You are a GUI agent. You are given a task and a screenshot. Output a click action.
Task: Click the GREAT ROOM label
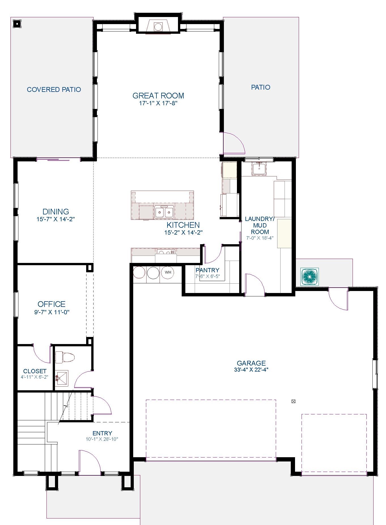[158, 96]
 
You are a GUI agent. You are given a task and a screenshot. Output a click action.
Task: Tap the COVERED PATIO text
[54, 90]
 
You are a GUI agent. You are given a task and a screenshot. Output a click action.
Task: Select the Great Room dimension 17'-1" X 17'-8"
[158, 103]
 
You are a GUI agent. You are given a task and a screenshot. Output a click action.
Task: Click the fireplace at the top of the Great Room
[158, 27]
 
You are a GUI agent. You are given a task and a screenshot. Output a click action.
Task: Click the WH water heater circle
[168, 273]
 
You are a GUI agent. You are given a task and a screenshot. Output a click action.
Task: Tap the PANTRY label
[207, 270]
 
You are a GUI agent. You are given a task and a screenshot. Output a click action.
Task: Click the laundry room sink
[259, 169]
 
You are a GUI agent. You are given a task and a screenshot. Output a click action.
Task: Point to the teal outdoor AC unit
[309, 276]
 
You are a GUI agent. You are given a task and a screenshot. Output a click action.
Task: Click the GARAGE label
[251, 363]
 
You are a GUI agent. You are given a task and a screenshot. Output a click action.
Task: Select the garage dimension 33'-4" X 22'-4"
[251, 370]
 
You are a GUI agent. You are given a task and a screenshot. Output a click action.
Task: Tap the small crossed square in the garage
[294, 401]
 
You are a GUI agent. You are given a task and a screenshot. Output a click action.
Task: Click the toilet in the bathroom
[65, 357]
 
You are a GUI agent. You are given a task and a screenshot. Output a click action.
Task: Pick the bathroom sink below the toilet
[61, 378]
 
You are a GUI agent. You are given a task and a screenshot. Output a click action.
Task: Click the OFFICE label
[52, 304]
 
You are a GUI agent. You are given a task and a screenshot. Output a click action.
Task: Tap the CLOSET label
[35, 371]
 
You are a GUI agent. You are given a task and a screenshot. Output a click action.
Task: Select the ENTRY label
[102, 433]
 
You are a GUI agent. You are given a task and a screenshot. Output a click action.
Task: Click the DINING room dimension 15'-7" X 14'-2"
[56, 219]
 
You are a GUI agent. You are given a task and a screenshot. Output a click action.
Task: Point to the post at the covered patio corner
[17, 24]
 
